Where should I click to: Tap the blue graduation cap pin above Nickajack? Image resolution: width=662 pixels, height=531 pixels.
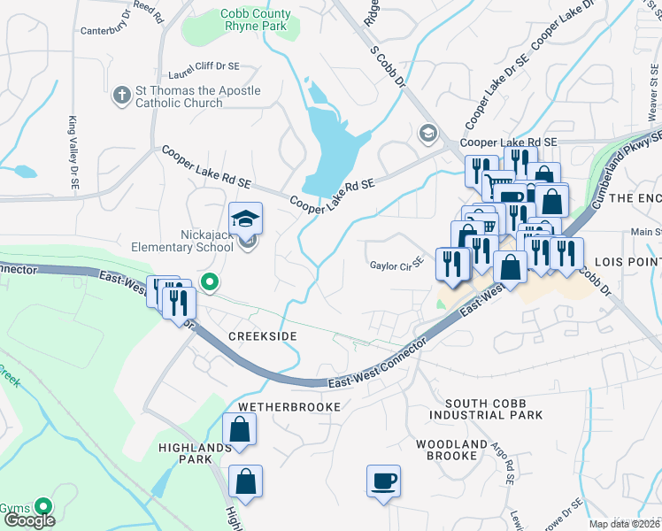tap(246, 218)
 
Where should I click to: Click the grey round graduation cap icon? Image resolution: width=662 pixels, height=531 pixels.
tap(428, 133)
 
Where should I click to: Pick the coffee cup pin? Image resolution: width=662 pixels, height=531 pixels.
tap(383, 481)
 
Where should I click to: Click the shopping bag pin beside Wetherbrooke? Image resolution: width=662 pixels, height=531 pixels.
tap(240, 431)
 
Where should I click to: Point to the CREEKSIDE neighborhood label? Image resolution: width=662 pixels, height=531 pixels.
tap(262, 337)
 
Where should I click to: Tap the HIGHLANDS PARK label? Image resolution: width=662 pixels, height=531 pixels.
tap(186, 453)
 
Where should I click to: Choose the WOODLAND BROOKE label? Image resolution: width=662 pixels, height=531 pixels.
tap(457, 450)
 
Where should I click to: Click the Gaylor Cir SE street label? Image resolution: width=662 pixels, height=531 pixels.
tap(397, 265)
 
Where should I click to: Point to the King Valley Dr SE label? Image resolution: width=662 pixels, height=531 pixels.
tap(71, 152)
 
